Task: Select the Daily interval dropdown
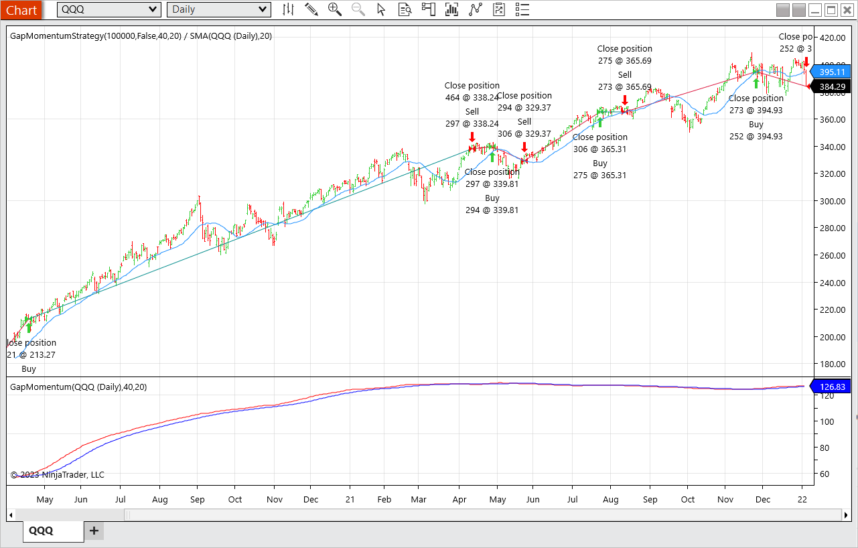tap(218, 9)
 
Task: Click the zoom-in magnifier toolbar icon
tap(334, 9)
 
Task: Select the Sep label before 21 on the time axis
tap(198, 500)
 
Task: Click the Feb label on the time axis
tap(384, 500)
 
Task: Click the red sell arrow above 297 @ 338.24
tap(472, 137)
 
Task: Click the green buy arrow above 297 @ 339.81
tap(492, 157)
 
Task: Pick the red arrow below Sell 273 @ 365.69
tap(625, 100)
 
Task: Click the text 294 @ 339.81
tap(492, 210)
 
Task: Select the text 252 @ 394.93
tap(756, 137)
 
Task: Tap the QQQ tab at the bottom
tap(42, 531)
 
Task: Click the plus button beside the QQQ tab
tap(94, 531)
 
